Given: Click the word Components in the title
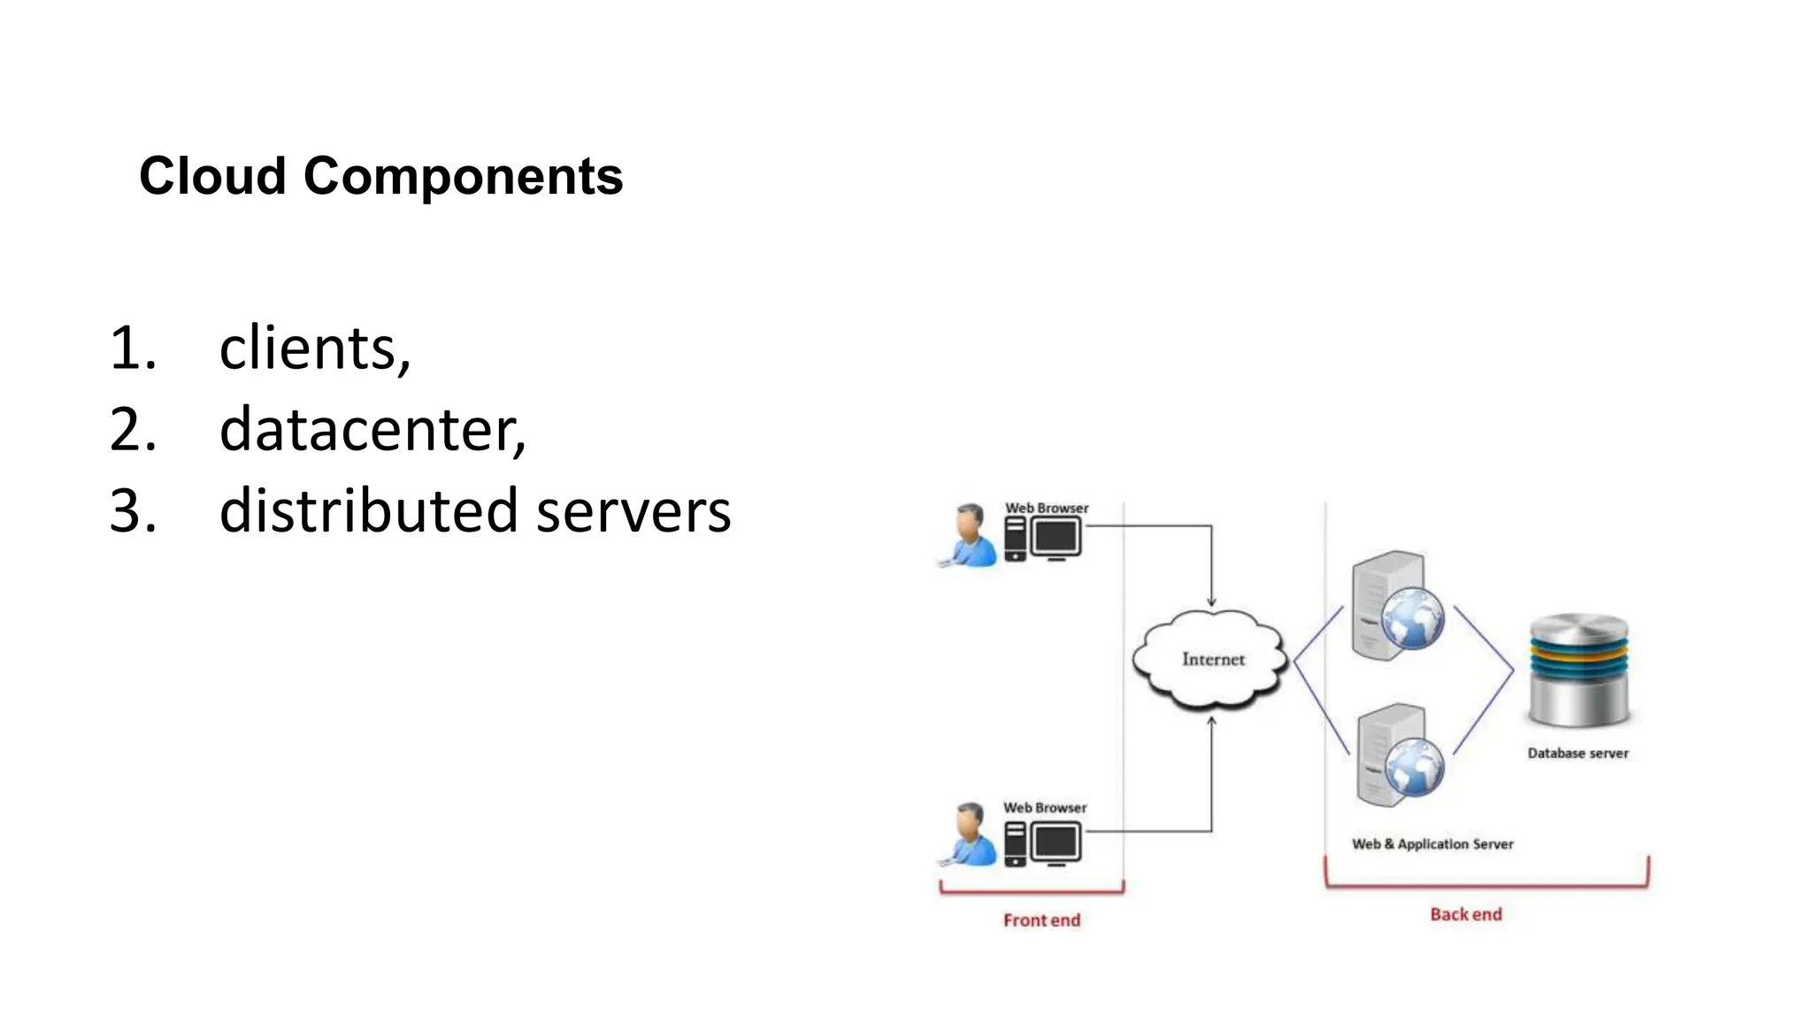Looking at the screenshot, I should (x=463, y=175).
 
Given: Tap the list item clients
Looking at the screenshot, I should (x=313, y=348).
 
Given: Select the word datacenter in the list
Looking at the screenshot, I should (x=372, y=429).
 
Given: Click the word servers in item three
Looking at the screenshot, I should (x=633, y=511).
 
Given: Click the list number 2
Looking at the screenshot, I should (x=133, y=430).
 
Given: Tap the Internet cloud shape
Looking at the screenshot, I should (x=1211, y=660).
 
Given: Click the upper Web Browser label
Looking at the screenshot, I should (x=1047, y=508).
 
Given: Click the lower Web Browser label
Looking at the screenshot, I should (x=1045, y=808).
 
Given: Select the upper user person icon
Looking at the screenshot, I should (x=971, y=535).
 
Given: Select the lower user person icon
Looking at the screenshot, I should (x=971, y=834).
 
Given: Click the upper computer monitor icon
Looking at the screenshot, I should (x=1056, y=538).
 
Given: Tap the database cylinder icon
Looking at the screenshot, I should (x=1578, y=670).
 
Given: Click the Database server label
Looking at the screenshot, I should (x=1578, y=754).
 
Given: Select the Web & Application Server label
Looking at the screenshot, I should (x=1432, y=844).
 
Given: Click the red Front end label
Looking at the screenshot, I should (x=1041, y=920).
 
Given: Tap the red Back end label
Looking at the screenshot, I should (x=1465, y=915).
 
